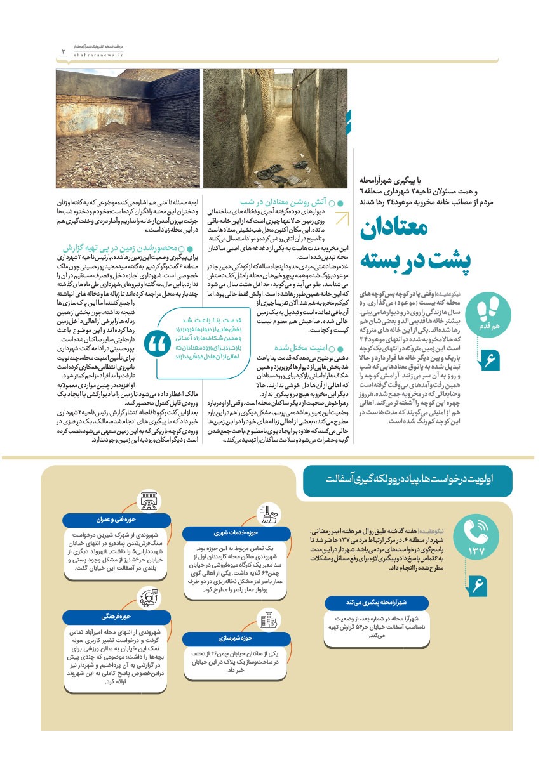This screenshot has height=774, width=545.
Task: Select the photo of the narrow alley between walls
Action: click(x=275, y=128)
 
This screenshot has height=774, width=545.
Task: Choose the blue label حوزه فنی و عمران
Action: click(x=114, y=520)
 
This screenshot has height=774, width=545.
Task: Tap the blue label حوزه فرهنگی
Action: click(x=114, y=617)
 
